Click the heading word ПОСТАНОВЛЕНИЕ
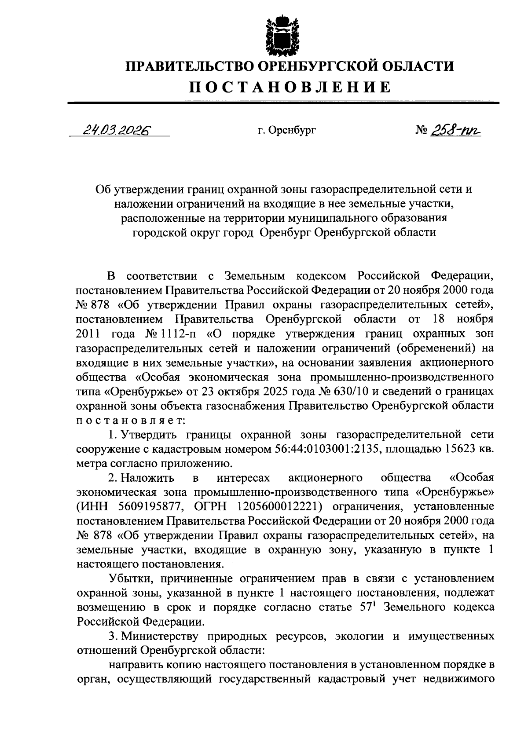[290, 87]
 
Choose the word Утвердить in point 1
[150, 435]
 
